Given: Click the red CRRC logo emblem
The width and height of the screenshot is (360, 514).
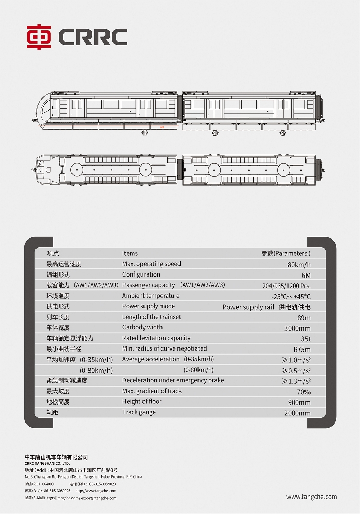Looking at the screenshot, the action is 39,36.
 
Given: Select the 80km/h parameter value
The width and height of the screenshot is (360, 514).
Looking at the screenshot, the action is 299,265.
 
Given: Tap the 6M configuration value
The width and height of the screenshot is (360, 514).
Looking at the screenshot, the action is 306,276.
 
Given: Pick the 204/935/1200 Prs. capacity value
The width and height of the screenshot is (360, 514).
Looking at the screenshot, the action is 286,286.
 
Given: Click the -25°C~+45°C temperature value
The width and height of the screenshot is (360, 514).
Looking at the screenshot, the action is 291,297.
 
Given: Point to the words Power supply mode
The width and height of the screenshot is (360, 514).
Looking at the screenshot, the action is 149,306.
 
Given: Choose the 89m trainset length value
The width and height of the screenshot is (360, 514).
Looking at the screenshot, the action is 304,318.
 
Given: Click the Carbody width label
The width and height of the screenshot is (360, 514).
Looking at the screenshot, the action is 142,327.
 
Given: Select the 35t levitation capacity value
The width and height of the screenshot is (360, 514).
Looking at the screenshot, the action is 305,339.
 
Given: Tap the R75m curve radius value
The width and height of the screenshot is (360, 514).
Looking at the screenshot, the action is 302,350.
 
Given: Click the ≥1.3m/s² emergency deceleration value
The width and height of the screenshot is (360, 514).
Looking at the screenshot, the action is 296,381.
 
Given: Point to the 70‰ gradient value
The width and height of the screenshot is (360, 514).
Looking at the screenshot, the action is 303,392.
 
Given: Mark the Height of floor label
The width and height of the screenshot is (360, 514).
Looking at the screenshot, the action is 142,401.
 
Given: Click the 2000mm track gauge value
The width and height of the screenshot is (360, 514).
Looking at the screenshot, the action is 297,413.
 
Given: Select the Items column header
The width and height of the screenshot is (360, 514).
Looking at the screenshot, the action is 130,253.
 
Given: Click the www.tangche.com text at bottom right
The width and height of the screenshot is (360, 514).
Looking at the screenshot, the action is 312,497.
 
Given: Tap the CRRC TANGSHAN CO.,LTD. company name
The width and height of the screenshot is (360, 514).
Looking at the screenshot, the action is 47,464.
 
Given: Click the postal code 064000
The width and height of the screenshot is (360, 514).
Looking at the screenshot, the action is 48,484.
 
